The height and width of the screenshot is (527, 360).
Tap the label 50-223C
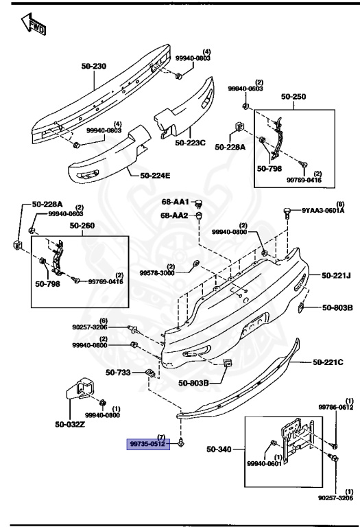point(190,143)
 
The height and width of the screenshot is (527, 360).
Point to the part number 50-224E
point(155,175)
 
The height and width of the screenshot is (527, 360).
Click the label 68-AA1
point(176,203)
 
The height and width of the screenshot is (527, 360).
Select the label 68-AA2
point(176,215)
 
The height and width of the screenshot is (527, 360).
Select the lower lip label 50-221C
point(328,362)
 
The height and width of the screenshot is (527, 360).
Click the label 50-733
point(118,373)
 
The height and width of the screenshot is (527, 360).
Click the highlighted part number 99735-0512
point(147,444)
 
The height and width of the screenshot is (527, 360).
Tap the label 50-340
point(221,449)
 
